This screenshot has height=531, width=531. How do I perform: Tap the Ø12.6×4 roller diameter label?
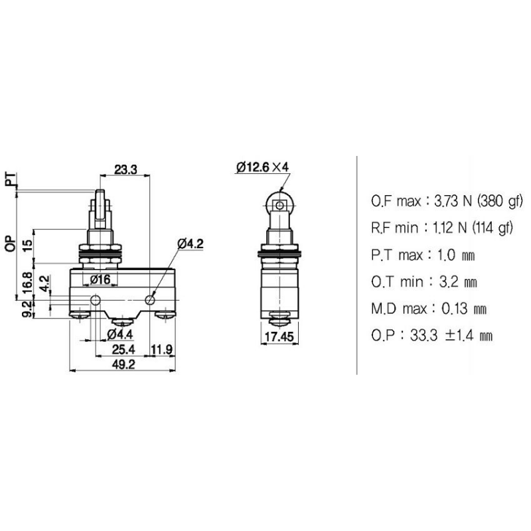coord(262,167)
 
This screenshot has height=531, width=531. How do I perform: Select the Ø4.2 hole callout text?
coord(190,244)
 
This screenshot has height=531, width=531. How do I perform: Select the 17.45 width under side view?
coord(279,338)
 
